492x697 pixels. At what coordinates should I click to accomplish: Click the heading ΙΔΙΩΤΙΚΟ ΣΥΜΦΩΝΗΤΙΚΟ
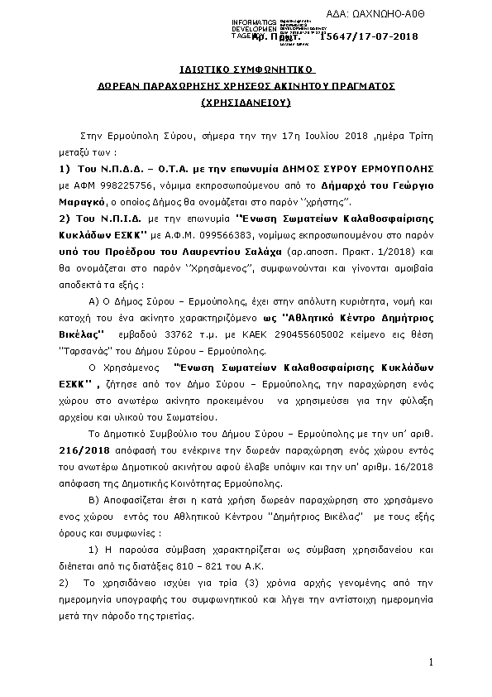tap(246, 68)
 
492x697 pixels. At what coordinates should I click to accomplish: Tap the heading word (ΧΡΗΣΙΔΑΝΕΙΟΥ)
tap(246, 103)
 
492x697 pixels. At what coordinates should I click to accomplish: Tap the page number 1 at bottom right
tap(431, 663)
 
